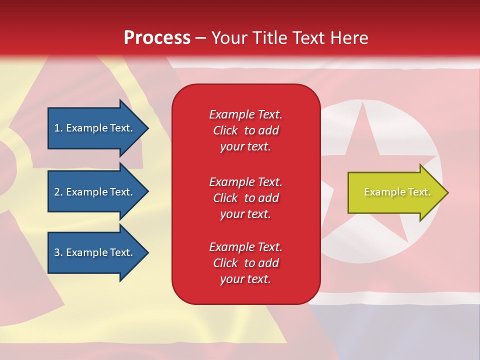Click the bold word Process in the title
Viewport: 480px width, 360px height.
157,38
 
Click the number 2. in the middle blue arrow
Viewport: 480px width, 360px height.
58,192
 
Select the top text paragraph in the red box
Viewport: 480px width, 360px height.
245,130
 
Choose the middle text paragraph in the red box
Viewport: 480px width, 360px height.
245,198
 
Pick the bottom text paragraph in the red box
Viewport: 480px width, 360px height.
245,263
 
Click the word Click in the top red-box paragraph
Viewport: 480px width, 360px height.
225,130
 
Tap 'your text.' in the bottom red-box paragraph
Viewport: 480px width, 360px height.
245,279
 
